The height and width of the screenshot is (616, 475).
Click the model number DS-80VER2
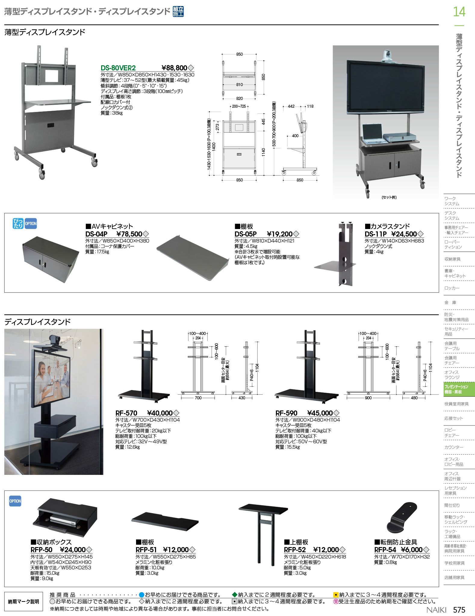tap(118, 68)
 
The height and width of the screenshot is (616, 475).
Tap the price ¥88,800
tap(174, 68)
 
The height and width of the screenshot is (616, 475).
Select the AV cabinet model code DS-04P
tap(96, 234)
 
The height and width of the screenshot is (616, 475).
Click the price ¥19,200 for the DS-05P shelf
tap(280, 234)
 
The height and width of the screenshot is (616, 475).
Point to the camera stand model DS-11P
tap(376, 234)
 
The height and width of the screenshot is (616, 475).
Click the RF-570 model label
tap(126, 413)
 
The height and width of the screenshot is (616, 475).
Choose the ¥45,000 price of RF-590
tap(320, 413)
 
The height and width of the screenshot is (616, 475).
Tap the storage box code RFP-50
tap(41, 550)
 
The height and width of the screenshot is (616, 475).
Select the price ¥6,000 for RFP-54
tap(412, 550)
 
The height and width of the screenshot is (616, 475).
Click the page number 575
tap(459, 610)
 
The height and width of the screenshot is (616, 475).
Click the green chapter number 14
tap(459, 12)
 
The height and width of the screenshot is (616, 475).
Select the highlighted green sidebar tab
tap(459, 389)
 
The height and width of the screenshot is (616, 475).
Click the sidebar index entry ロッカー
tap(452, 288)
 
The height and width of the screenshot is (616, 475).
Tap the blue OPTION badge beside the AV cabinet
tap(31, 224)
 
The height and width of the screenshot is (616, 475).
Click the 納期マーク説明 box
tap(23, 602)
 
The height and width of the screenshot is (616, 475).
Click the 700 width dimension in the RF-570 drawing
tap(198, 398)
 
